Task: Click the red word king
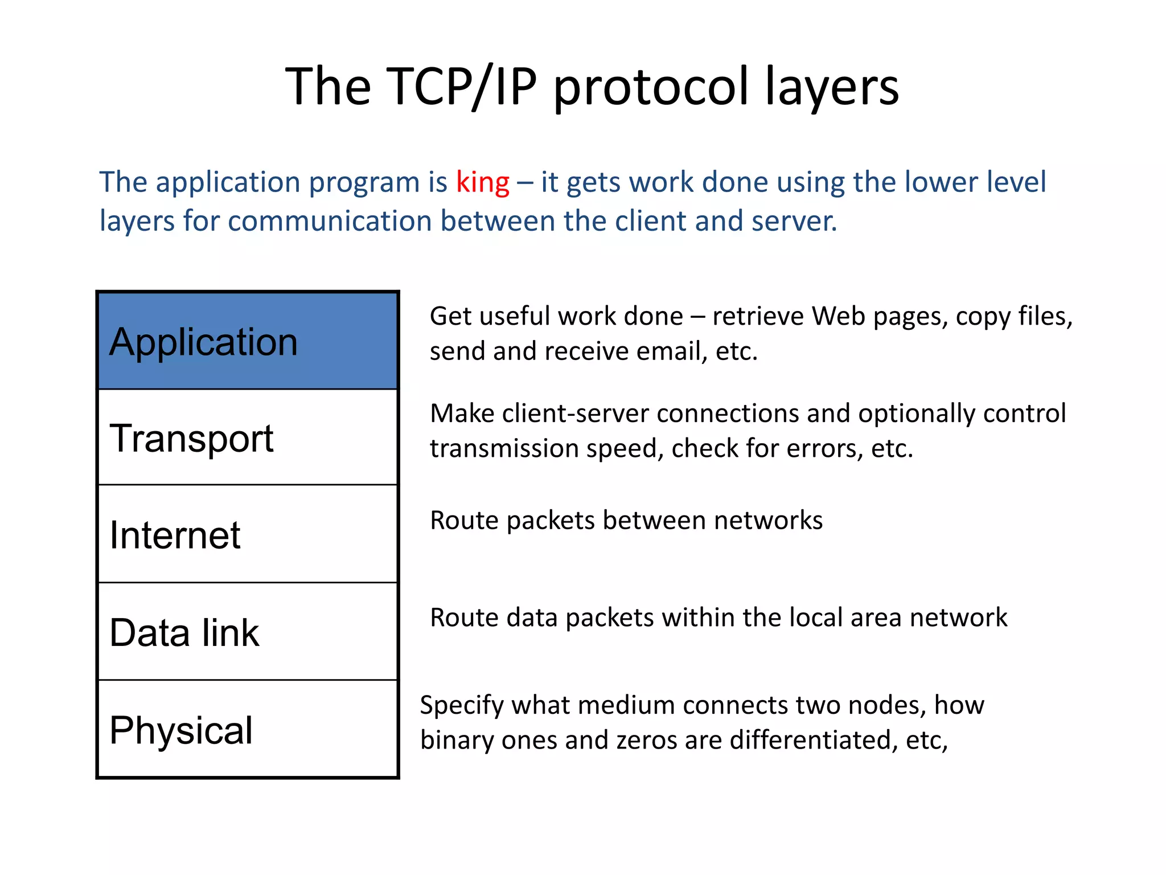coord(482,183)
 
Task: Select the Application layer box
coord(248,341)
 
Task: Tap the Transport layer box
coord(248,437)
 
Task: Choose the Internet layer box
coord(248,534)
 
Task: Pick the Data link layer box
coord(248,632)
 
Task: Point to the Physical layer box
coord(248,729)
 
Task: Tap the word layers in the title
coord(831,88)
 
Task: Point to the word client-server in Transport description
coord(576,414)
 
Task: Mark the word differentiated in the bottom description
coord(810,740)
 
